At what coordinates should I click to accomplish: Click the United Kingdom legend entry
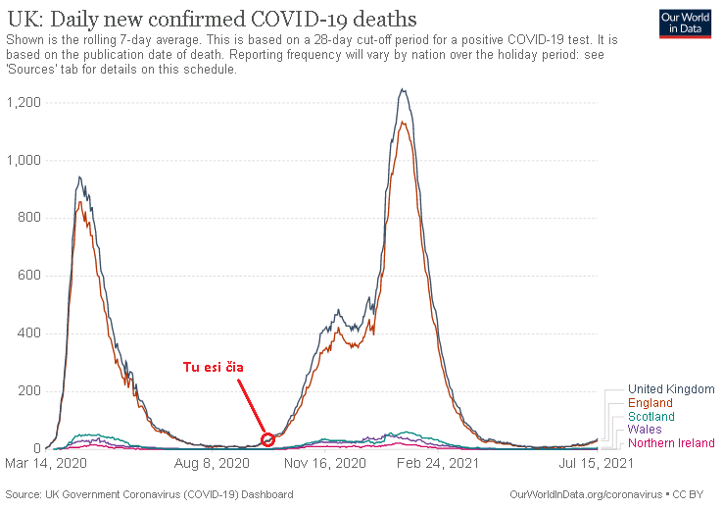(x=671, y=389)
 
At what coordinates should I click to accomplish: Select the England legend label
(x=651, y=403)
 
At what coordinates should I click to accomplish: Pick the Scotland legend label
(x=651, y=417)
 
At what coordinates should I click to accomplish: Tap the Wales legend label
(x=645, y=430)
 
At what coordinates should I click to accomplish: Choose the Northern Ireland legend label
(x=671, y=443)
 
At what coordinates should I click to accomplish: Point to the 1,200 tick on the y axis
(x=24, y=102)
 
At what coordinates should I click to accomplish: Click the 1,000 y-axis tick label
(x=24, y=160)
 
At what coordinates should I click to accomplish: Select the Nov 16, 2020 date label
(x=325, y=462)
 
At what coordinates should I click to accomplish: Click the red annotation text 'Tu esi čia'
(x=214, y=368)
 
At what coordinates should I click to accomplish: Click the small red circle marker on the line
(x=268, y=438)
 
